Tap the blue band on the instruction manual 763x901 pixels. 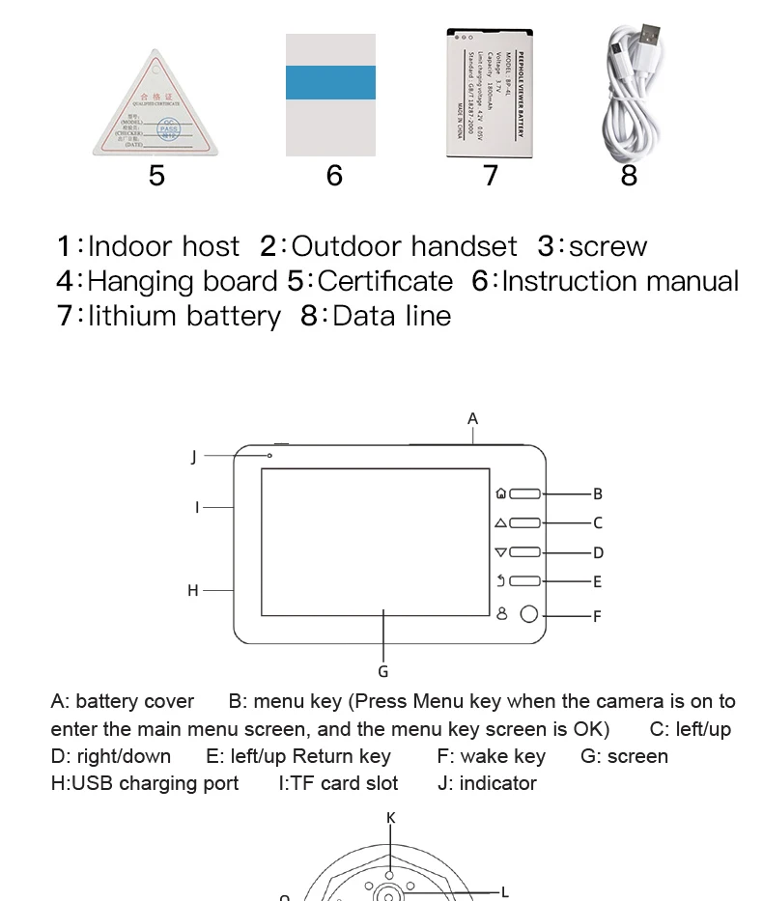[330, 81]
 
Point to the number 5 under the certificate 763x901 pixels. [156, 175]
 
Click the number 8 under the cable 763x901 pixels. [629, 175]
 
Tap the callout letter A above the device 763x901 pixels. [472, 418]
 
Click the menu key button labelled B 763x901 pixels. [525, 493]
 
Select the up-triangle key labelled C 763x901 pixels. [525, 523]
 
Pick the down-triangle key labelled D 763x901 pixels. [525, 552]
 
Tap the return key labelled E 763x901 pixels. [525, 581]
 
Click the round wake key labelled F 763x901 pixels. [529, 614]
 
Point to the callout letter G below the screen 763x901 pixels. [383, 671]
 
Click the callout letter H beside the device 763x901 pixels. [193, 590]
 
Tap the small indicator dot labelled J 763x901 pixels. [269, 456]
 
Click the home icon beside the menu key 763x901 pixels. [500, 493]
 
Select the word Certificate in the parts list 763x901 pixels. [384, 281]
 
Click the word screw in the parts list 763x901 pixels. [608, 246]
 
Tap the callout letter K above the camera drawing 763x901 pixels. [391, 818]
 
